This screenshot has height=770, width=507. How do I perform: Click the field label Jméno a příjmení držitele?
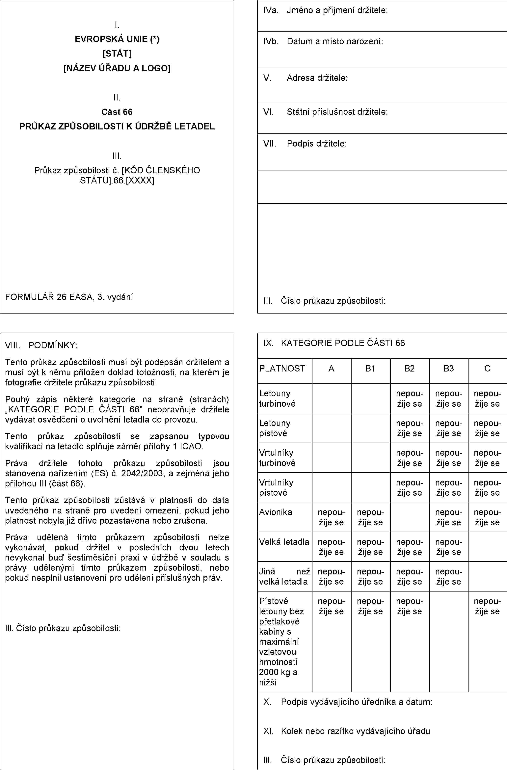[337, 10]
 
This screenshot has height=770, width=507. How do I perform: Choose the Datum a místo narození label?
[335, 41]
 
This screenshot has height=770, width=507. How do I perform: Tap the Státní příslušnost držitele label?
[337, 112]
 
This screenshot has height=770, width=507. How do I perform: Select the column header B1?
[370, 369]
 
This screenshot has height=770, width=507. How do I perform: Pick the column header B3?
[449, 369]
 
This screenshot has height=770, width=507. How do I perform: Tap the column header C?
[487, 369]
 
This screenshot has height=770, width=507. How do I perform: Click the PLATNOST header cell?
[282, 369]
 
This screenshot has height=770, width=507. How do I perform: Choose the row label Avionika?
[275, 512]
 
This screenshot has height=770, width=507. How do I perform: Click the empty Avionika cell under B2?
[410, 517]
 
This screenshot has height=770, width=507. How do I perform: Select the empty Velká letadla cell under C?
[487, 547]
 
